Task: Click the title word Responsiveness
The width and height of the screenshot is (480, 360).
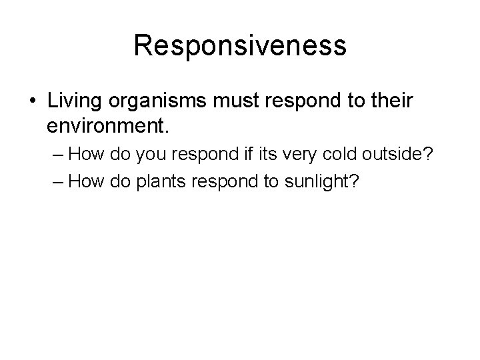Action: (x=240, y=46)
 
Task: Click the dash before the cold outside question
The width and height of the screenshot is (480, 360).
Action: (x=58, y=155)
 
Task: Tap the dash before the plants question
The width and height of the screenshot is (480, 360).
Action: (x=58, y=182)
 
